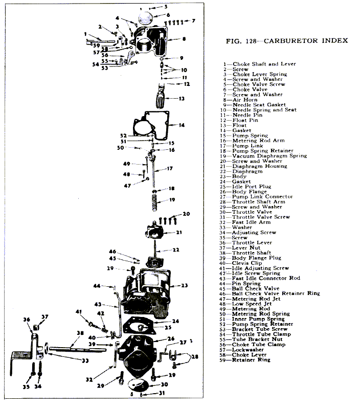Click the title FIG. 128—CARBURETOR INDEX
coord(286,40)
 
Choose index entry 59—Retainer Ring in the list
coord(253,359)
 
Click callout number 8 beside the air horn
coord(184,39)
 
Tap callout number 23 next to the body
coord(185,285)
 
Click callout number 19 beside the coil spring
coord(172,199)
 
